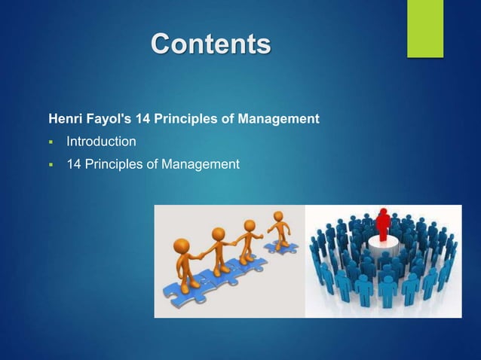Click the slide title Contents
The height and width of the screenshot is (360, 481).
(210, 44)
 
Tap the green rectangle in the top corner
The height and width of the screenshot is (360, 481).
(425, 28)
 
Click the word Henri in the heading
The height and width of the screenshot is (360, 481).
(64, 119)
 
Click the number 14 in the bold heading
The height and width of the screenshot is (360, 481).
(142, 119)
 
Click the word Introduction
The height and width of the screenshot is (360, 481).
(101, 141)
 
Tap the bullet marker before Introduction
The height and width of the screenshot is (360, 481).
(51, 142)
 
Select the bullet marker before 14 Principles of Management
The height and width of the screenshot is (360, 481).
(51, 163)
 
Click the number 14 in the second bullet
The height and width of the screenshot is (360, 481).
(74, 163)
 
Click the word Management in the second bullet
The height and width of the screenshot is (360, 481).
(198, 163)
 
